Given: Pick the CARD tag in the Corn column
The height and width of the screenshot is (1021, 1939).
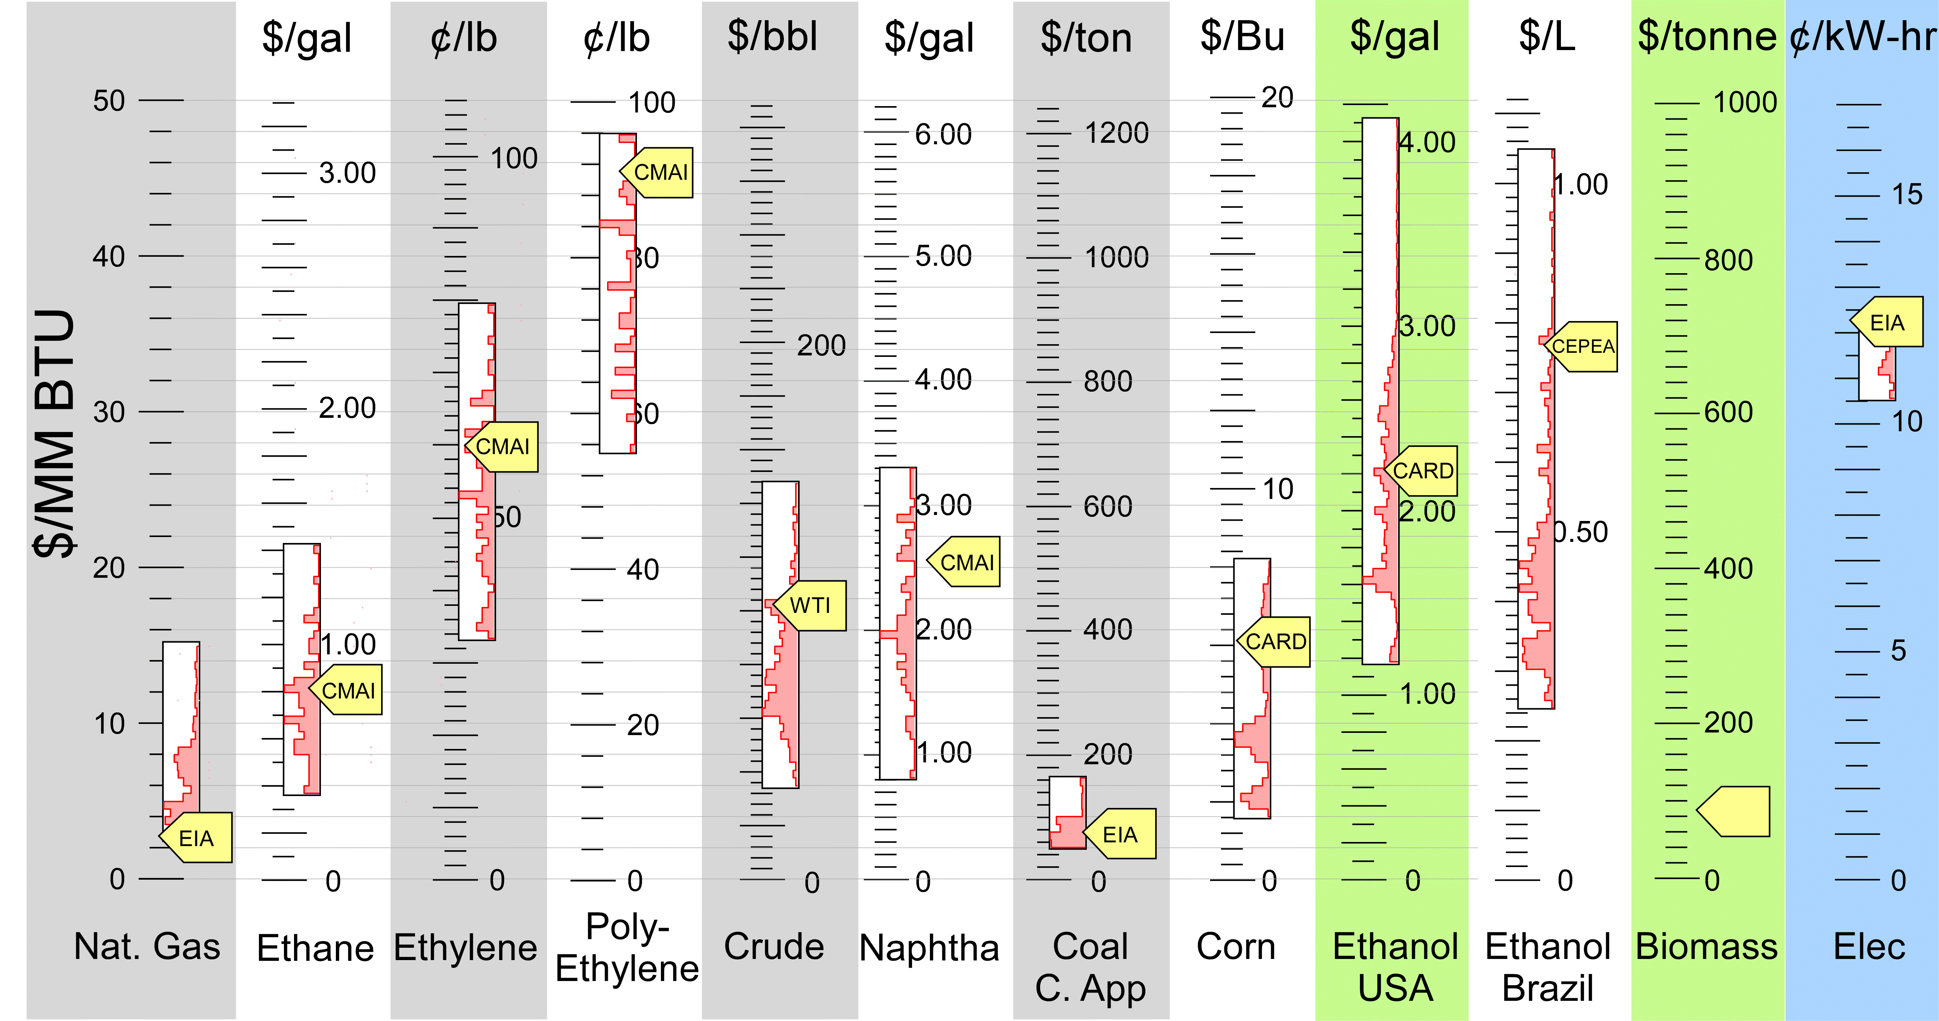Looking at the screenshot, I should [x=1276, y=642].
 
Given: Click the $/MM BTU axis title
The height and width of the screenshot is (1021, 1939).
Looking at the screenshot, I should [x=54, y=433].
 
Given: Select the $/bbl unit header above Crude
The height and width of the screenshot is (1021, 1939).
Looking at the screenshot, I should [x=772, y=36].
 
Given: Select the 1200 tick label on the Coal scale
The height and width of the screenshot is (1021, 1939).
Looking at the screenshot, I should [x=1116, y=133].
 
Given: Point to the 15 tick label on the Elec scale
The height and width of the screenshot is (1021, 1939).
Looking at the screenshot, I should [x=1906, y=194].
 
